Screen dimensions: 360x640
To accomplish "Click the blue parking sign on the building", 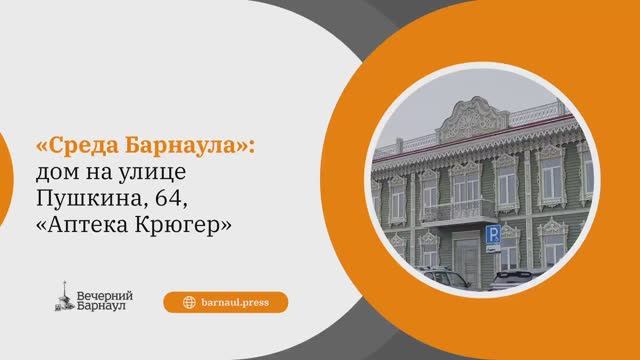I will click(x=492, y=234).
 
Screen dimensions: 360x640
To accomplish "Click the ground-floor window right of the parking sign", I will click(x=511, y=254).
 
